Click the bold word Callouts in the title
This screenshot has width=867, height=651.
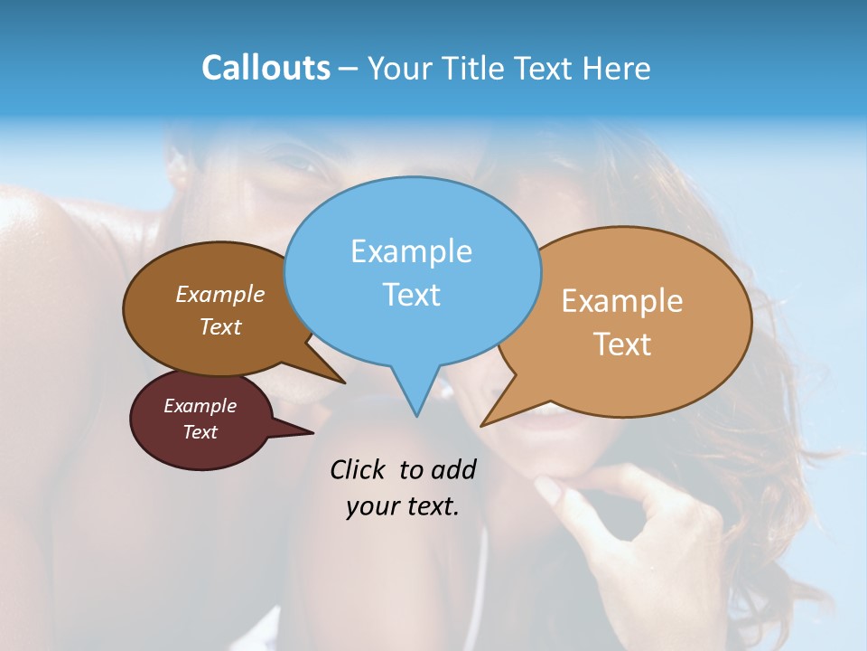coord(266,68)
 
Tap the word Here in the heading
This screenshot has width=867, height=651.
coord(618,68)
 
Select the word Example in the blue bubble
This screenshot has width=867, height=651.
coord(411,251)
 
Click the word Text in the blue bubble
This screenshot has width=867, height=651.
coord(411,295)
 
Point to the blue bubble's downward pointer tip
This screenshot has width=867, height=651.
coord(416,415)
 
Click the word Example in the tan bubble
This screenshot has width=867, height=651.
coord(622,301)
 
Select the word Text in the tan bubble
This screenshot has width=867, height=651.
coord(622,344)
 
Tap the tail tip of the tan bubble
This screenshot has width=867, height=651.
coord(482,425)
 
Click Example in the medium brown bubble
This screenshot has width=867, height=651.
coord(220,295)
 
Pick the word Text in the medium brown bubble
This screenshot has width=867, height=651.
coord(220,327)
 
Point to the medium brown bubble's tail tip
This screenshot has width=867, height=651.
coord(344,382)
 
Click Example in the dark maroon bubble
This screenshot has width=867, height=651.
coord(200,406)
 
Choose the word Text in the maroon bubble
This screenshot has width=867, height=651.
coord(200,432)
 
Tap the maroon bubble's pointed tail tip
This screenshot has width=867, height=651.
coord(312,433)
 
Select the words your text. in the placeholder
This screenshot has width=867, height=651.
coord(403,507)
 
